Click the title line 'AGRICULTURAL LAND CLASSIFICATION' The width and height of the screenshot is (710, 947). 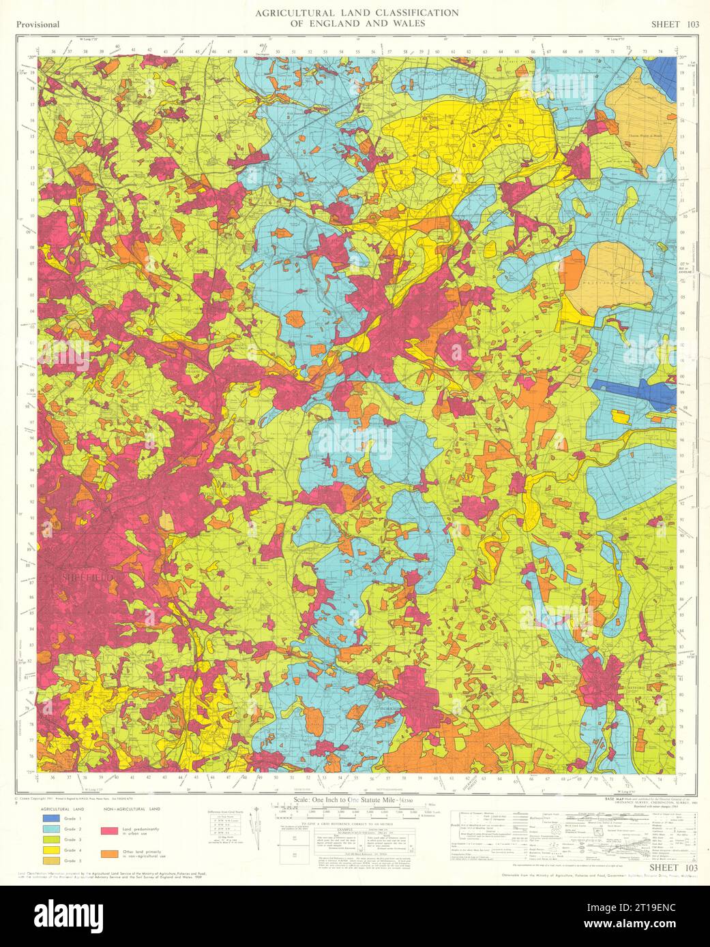(x=356, y=13)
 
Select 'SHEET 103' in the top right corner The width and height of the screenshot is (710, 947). (x=670, y=25)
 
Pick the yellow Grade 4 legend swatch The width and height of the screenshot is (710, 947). (x=51, y=850)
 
